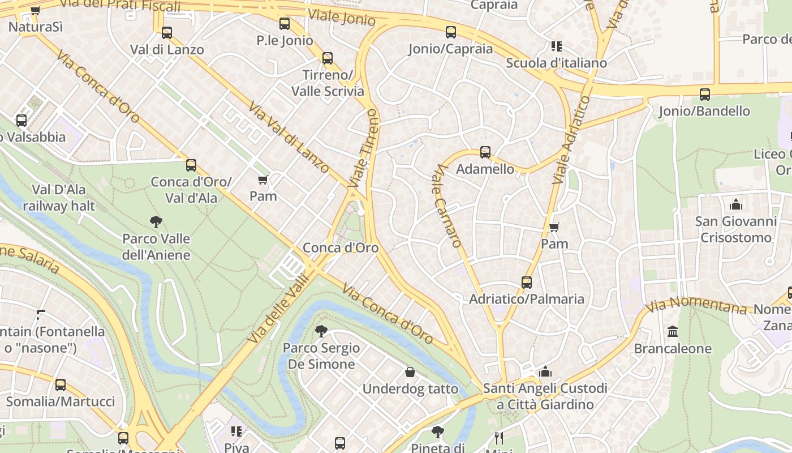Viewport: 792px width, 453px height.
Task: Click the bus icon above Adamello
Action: [485, 152]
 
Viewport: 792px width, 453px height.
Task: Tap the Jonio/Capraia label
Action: [451, 49]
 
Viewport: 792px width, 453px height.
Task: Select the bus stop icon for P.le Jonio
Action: [285, 24]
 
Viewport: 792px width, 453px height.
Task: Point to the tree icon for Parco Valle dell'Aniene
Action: [156, 222]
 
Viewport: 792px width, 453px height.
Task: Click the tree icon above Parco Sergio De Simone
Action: [321, 331]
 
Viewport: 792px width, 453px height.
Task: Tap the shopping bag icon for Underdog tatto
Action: [410, 372]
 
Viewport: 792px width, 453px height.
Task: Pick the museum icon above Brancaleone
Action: [673, 331]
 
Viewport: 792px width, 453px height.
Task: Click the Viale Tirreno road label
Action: [364, 148]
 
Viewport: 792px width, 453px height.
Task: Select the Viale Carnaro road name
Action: [449, 206]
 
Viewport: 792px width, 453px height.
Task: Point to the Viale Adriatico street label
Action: [570, 140]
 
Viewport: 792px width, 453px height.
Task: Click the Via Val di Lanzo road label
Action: [289, 138]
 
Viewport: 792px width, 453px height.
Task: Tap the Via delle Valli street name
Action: [280, 309]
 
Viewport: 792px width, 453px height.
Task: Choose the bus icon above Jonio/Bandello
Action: [705, 94]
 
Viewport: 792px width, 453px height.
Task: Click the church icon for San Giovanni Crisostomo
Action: [736, 204]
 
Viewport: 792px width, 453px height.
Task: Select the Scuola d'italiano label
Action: [556, 63]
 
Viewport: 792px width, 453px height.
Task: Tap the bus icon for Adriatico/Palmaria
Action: [527, 282]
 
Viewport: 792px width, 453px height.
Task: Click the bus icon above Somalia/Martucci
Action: [61, 385]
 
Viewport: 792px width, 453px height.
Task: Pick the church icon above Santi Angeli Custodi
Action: [545, 371]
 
